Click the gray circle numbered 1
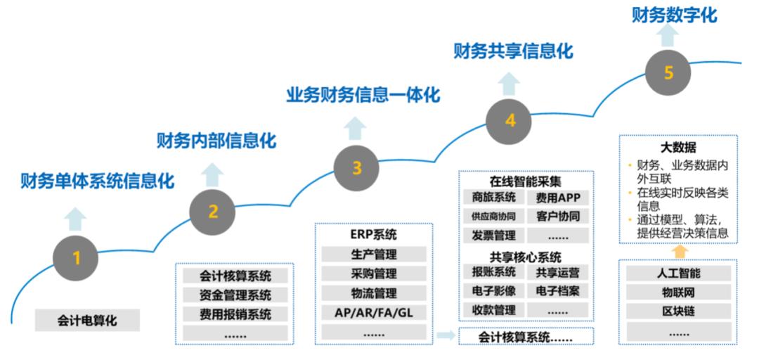tap(76, 258)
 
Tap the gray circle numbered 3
tap(357, 168)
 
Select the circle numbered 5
tap(668, 72)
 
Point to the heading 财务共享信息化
tap(513, 51)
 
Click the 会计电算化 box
tap(87, 321)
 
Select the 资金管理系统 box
tap(235, 295)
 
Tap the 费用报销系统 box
tap(235, 314)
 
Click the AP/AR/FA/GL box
tap(373, 312)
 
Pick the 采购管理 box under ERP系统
tap(373, 274)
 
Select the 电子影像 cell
tap(493, 290)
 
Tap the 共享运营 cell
tap(557, 272)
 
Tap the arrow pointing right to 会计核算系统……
tap(445, 335)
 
